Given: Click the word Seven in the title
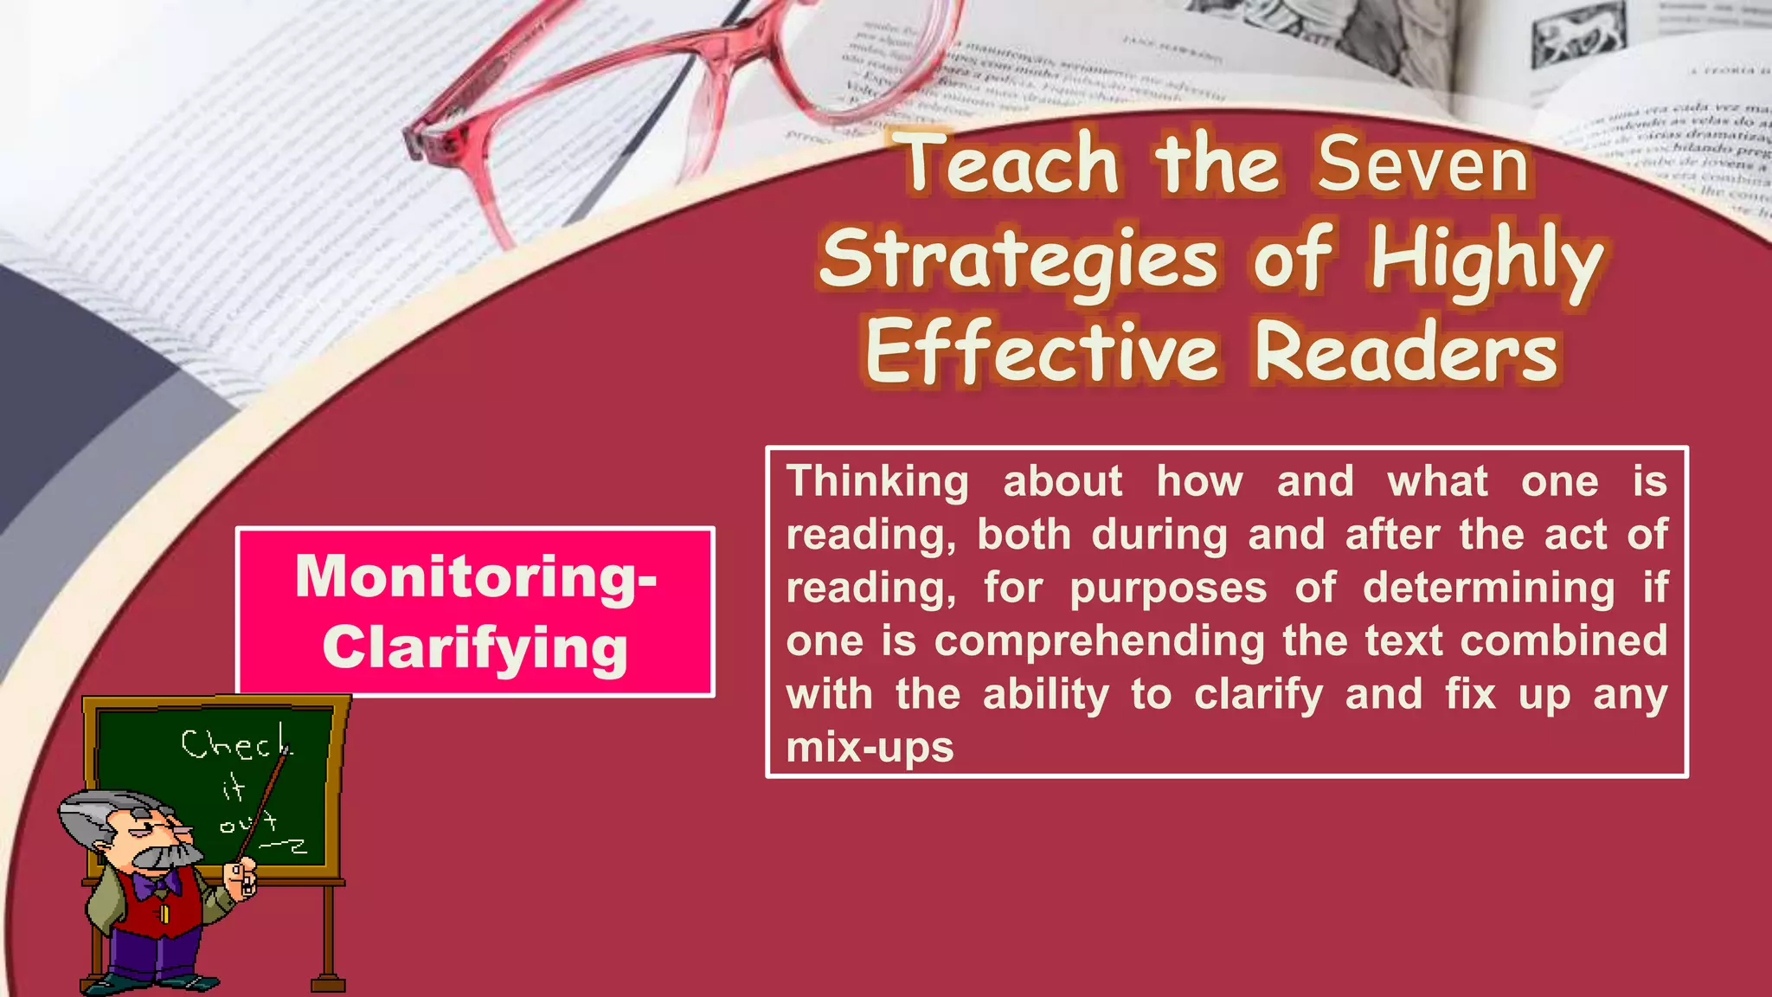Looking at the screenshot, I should point(1423,164).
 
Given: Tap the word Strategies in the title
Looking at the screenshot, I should point(1018,260).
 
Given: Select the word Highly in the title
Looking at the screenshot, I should point(1486,260).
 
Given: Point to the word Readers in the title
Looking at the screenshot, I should point(1406,353).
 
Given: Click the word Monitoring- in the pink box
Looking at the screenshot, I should point(476,577).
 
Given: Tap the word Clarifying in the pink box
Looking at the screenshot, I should point(476,649).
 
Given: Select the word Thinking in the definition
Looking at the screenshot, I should point(877,483).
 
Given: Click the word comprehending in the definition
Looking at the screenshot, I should point(1100,641).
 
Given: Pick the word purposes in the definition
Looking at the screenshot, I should point(1168,589).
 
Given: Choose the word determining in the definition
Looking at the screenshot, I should point(1488,589).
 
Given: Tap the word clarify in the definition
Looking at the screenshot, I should point(1258,695).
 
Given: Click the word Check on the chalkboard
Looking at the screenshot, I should point(235,744).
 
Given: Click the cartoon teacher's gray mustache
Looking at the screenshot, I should point(165,857).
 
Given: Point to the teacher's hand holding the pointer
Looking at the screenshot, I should point(241,876).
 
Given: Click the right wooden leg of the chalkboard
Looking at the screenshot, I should point(328,939).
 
